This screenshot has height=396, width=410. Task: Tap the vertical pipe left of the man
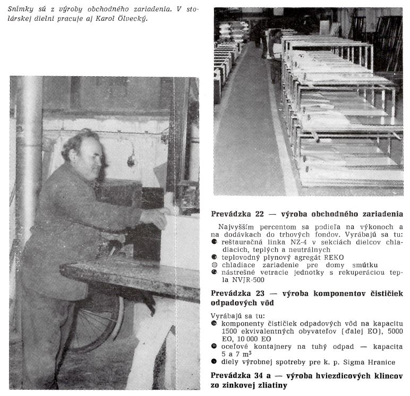[28, 159]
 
